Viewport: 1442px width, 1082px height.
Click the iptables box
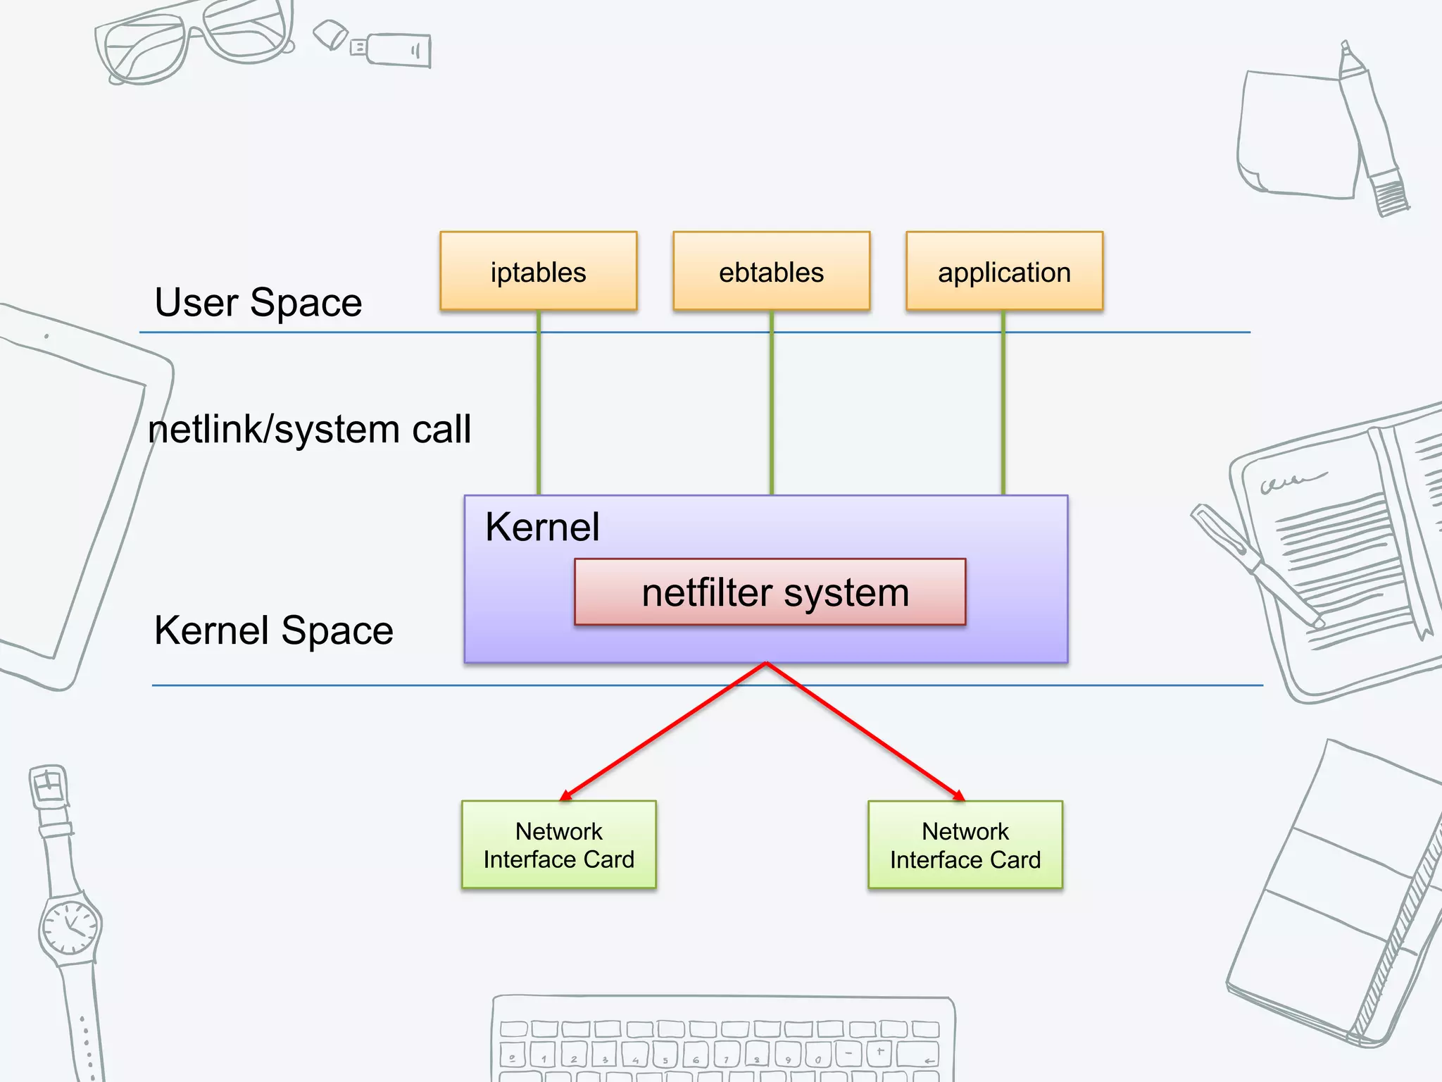538,271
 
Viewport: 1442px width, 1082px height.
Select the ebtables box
771,271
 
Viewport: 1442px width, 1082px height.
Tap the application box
1004,271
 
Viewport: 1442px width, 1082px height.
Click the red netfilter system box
770,592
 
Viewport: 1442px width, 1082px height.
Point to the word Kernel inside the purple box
542,527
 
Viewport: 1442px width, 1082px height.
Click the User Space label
258,303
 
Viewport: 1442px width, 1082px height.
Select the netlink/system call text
309,430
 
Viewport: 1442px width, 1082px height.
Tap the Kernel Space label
273,630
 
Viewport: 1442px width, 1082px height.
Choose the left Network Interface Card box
558,845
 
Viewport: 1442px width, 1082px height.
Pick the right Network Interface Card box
965,845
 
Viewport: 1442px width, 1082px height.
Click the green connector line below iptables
539,409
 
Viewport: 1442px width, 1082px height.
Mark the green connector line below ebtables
772,409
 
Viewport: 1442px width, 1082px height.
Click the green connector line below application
1003,409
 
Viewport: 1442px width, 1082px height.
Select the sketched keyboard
722,1039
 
